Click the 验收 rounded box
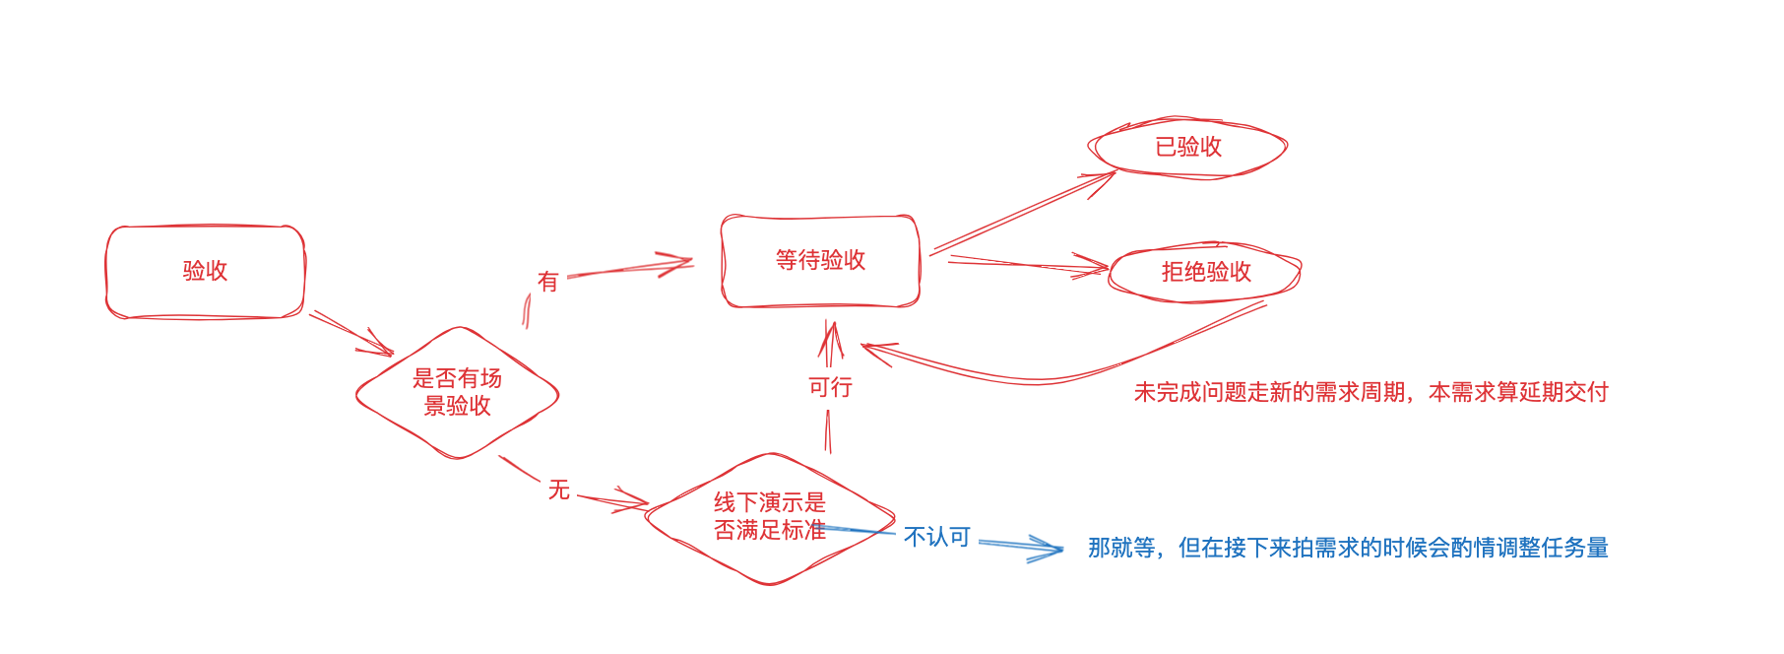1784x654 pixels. [205, 272]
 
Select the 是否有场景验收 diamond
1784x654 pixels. [457, 392]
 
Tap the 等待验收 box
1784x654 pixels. [820, 261]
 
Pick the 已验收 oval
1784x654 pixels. [1187, 148]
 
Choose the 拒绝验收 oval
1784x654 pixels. [1205, 272]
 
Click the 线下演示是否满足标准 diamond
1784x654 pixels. [770, 517]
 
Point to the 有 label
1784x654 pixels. [548, 282]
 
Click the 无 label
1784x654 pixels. [559, 490]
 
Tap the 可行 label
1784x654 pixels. [830, 387]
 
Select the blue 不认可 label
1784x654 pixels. [937, 537]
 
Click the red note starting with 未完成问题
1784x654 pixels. [1370, 392]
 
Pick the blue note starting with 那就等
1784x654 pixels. [1348, 548]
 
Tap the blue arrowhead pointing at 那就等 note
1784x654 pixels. [1050, 549]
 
